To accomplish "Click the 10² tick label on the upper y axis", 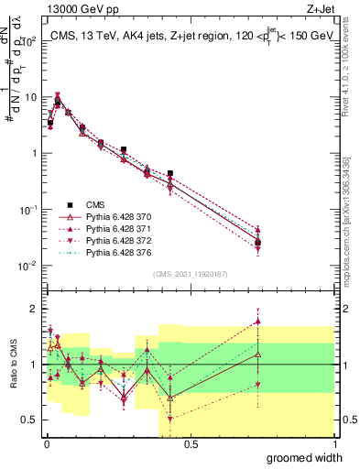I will click(28, 42).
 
